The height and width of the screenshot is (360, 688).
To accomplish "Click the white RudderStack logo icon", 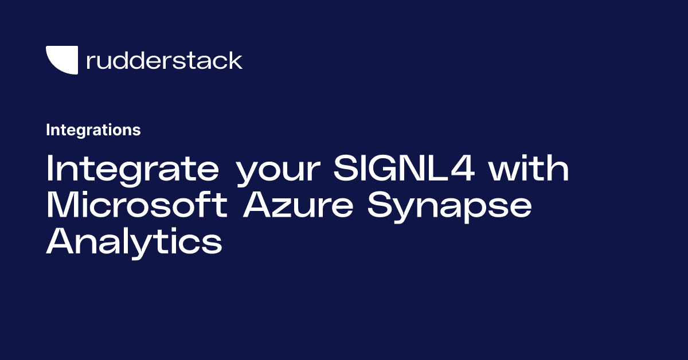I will coord(61,60).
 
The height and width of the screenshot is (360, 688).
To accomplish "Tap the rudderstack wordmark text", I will coord(164,60).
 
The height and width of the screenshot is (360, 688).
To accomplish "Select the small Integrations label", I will coord(93,130).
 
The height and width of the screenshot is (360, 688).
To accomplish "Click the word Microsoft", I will coord(137,206).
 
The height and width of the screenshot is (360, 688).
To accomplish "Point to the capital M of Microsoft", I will coord(61,206).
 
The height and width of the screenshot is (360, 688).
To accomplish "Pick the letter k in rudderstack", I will coord(236,60).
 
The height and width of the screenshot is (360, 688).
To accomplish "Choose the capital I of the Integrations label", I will coord(48,130).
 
